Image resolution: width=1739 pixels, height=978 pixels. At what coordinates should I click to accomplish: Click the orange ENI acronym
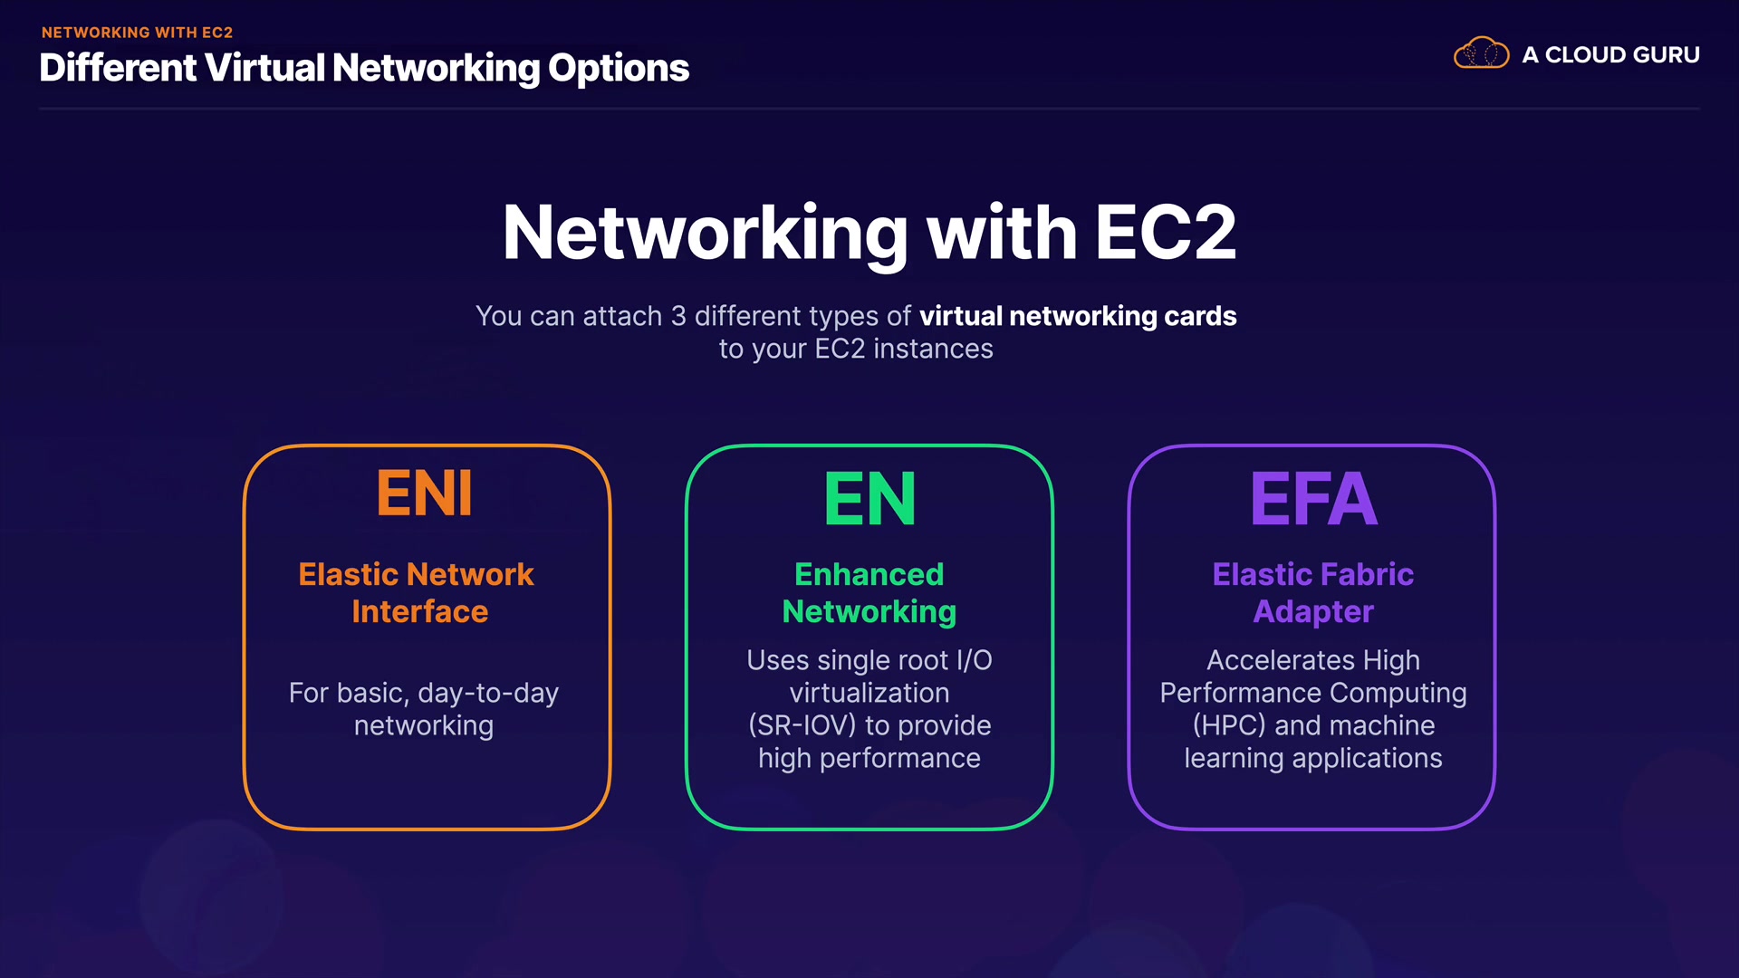click(424, 494)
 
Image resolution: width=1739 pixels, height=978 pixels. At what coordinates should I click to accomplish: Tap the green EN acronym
click(869, 499)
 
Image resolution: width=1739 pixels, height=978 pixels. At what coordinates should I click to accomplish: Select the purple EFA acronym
click(1313, 499)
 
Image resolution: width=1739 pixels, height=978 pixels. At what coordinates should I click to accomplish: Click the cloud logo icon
click(1481, 54)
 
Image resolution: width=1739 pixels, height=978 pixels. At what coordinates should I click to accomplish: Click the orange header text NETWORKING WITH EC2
click(138, 33)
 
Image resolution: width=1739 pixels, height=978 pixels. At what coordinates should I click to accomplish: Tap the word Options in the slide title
click(619, 69)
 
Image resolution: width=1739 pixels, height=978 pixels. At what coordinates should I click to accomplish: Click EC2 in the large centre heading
click(1165, 233)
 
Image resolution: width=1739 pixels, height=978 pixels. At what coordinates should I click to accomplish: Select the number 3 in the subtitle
click(678, 316)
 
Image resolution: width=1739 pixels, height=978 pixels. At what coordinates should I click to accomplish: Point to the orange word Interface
click(420, 612)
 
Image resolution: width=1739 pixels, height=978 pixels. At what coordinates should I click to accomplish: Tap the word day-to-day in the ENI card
click(488, 694)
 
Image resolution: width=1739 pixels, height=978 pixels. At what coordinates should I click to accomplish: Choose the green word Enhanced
click(869, 574)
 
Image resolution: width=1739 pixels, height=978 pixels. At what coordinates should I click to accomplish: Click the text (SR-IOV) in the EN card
click(802, 725)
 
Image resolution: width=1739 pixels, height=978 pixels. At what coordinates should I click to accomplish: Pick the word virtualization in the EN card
click(869, 693)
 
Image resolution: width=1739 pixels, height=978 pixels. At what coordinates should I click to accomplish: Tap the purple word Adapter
click(1313, 612)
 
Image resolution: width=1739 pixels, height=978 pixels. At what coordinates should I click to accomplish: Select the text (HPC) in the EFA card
click(1229, 725)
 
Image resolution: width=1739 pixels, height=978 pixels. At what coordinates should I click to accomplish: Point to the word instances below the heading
click(933, 350)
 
